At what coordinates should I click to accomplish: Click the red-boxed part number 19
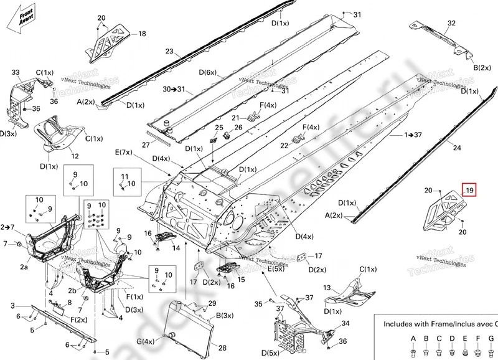click(x=468, y=190)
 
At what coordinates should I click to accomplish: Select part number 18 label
click(x=142, y=34)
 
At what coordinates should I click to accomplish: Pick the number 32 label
click(x=451, y=23)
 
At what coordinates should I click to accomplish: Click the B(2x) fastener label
click(x=484, y=67)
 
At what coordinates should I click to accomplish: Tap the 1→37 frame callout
click(x=413, y=135)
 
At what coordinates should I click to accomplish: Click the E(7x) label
click(x=123, y=153)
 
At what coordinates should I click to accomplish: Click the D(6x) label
click(x=207, y=73)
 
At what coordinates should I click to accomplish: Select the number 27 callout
click(x=146, y=144)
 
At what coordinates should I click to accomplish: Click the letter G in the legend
click(x=477, y=338)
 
